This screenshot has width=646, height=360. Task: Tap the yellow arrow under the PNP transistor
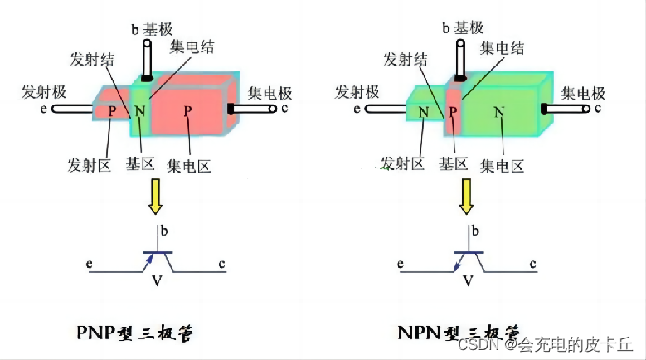pos(155,198)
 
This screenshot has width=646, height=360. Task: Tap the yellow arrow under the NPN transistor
pos(468,198)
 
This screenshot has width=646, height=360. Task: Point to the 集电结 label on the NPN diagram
pos(502,49)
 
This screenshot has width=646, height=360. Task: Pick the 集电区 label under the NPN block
pos(503,165)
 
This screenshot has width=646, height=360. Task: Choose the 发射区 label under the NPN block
pos(402,163)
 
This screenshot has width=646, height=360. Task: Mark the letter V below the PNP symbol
pos(156,281)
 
